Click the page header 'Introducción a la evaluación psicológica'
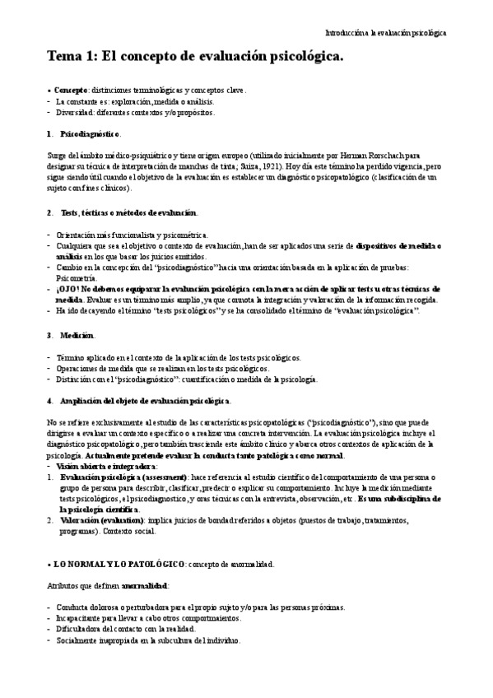(x=386, y=33)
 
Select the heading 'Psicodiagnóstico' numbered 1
(x=91, y=133)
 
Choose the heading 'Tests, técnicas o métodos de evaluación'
(x=128, y=213)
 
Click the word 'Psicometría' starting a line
(x=77, y=279)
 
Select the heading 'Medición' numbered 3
(x=77, y=335)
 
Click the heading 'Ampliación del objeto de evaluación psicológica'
(x=145, y=400)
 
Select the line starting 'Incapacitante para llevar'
(x=148, y=618)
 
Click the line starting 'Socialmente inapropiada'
(x=148, y=640)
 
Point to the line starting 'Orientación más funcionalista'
(x=132, y=235)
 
